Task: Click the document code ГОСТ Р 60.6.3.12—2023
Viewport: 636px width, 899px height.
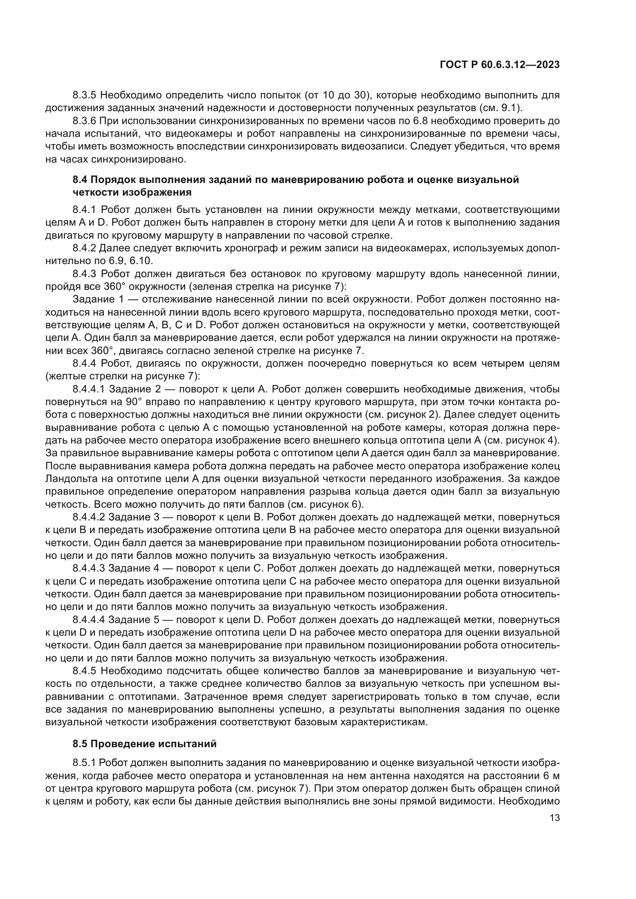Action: pyautogui.click(x=500, y=65)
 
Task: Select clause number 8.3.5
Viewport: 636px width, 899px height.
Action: pyautogui.click(x=85, y=95)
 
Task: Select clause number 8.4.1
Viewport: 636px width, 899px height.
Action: pyautogui.click(x=85, y=210)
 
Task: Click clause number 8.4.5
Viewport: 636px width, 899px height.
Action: pyautogui.click(x=85, y=671)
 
